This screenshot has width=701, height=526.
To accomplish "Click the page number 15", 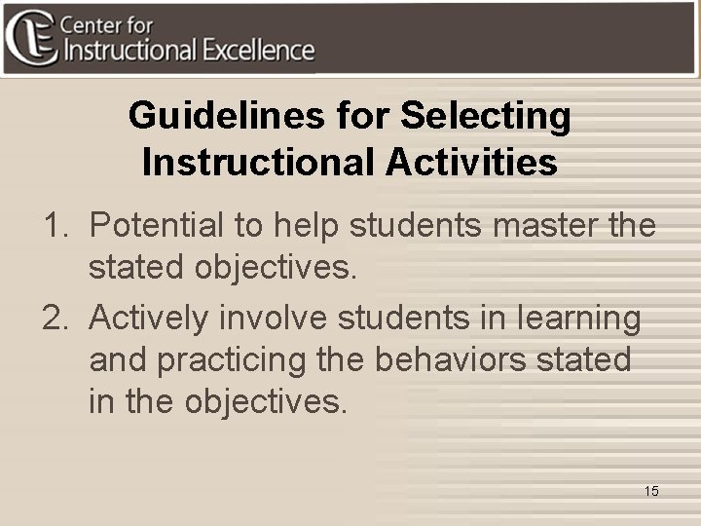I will pos(651,491).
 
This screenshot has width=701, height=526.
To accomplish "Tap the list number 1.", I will pos(54,226).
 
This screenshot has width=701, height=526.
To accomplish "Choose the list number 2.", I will pos(54,318).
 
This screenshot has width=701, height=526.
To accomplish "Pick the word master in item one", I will pos(552,226).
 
